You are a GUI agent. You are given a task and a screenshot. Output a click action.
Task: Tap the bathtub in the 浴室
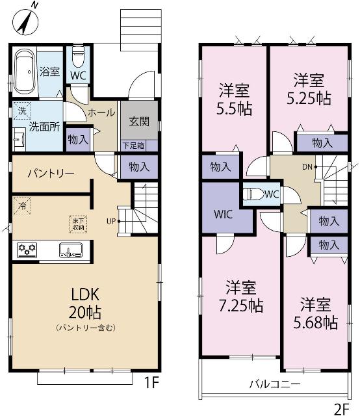24,71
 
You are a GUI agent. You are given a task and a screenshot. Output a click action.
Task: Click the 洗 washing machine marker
22,110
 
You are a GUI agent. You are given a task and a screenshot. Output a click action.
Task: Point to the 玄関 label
139,122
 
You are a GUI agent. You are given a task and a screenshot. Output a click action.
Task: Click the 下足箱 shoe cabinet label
133,146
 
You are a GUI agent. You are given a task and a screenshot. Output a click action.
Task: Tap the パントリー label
51,174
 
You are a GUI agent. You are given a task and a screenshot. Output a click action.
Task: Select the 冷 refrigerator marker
22,205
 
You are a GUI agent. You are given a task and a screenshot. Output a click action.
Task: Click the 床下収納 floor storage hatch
78,224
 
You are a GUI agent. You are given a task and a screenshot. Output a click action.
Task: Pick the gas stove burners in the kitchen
27,250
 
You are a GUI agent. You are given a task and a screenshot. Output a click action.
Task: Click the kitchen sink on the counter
71,250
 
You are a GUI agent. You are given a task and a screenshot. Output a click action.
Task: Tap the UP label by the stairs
111,221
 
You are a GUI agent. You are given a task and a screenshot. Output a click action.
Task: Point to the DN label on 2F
307,167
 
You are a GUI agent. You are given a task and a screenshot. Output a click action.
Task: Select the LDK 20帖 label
85,304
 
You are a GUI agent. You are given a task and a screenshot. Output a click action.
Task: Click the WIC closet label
223,214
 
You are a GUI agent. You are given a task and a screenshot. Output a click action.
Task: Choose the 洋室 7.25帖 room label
241,296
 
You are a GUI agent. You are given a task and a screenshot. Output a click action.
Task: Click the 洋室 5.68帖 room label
315,313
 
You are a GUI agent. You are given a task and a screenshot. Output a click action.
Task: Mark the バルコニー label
275,384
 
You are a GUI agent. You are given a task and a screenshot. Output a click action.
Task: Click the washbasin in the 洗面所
19,140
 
